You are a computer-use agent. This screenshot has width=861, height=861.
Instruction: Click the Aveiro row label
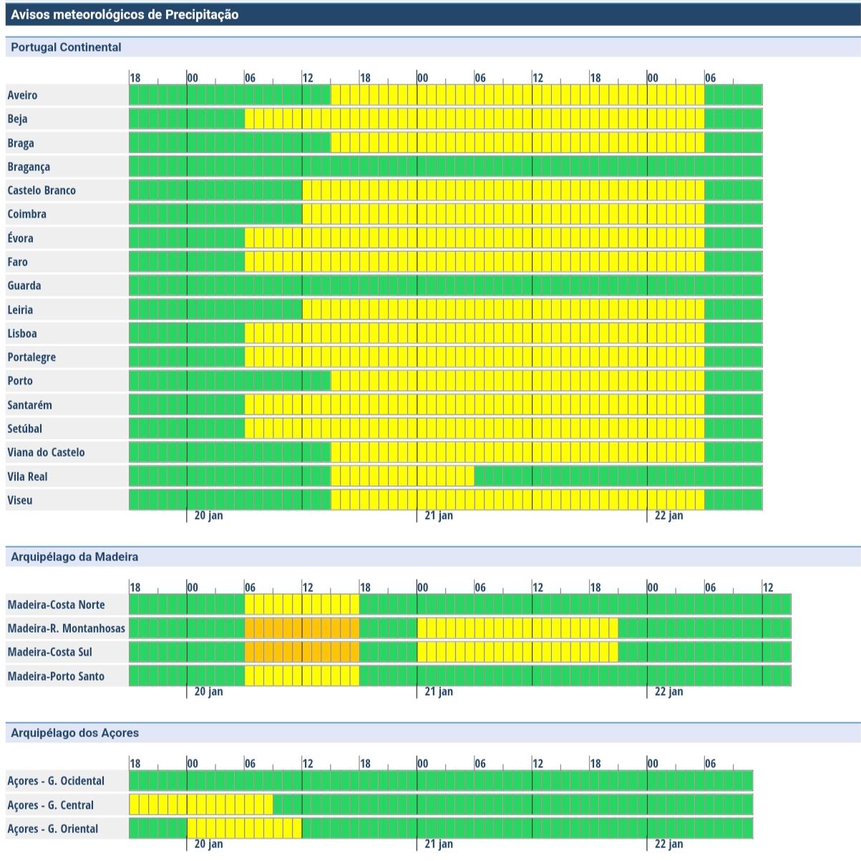[22, 95]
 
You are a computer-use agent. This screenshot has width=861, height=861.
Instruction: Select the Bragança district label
[29, 167]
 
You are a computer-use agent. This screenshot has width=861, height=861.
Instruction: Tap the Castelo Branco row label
[42, 190]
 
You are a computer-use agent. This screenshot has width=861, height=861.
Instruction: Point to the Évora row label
[20, 238]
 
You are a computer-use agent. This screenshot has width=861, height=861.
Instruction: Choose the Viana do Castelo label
[46, 452]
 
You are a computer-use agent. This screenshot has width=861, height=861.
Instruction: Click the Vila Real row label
[27, 477]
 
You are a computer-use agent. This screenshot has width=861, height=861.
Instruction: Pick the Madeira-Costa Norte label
[56, 605]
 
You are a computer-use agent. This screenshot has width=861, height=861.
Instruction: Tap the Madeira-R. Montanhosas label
[66, 628]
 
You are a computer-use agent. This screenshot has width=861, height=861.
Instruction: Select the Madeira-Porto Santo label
[56, 676]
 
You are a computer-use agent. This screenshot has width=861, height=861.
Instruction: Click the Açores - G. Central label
[50, 805]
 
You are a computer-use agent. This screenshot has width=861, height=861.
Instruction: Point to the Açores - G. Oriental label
[53, 829]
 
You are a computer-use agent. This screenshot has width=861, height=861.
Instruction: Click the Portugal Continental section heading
[66, 47]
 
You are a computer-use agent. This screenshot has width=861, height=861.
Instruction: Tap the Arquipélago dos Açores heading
[74, 733]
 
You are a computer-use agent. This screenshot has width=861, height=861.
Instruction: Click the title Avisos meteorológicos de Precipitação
[125, 14]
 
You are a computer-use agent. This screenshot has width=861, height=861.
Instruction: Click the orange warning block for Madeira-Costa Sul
[302, 652]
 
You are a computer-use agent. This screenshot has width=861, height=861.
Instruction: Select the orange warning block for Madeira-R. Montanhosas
[302, 628]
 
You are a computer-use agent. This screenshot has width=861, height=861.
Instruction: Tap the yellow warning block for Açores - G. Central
[201, 804]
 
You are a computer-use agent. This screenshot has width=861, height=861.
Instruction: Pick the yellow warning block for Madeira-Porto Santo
[302, 676]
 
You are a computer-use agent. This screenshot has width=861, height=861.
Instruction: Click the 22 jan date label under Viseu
[668, 515]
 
